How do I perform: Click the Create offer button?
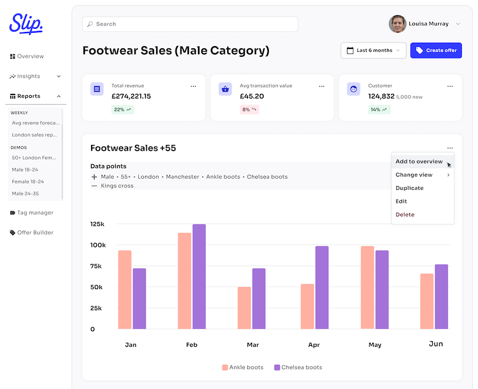click(x=436, y=51)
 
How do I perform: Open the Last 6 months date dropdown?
click(x=373, y=51)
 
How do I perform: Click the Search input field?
click(x=190, y=24)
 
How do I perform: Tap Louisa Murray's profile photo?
click(x=398, y=24)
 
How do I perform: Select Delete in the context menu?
click(x=405, y=215)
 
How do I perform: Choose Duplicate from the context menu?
click(x=409, y=188)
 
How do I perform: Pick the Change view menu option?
click(x=414, y=175)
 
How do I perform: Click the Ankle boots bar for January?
click(x=125, y=290)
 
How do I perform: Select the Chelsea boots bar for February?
click(x=199, y=277)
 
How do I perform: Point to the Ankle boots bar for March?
click(x=244, y=307)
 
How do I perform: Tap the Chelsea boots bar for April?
click(x=322, y=287)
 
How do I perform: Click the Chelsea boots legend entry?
click(x=298, y=368)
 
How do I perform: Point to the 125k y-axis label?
click(x=97, y=224)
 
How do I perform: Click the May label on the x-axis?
click(x=375, y=345)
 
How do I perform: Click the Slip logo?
click(x=26, y=24)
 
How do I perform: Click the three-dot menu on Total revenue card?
click(x=193, y=87)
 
